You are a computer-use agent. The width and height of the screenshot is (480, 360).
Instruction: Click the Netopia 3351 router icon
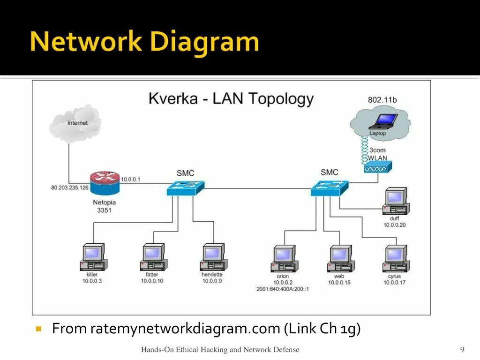tap(105, 183)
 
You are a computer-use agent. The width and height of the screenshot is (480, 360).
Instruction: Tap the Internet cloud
tap(75, 123)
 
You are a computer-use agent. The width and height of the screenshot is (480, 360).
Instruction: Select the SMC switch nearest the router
tap(185, 188)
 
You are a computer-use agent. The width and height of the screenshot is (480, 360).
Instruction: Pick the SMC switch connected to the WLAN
tap(330, 188)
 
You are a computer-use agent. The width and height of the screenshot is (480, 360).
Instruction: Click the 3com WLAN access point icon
tap(378, 167)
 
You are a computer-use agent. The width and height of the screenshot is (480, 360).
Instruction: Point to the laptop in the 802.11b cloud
tap(383, 121)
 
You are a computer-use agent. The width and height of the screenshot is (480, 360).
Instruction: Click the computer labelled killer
tap(93, 257)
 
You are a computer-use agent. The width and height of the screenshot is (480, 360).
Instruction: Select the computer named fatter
tap(153, 257)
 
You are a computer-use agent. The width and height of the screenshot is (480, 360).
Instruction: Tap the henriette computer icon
tap(213, 257)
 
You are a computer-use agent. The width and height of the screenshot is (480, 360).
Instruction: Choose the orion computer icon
tap(284, 259)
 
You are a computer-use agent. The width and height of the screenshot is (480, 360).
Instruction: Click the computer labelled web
tap(340, 259)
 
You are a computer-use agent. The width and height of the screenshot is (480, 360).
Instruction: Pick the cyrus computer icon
tap(396, 259)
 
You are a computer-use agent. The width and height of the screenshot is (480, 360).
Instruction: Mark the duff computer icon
tap(396, 201)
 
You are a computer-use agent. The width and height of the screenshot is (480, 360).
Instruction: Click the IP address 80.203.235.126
tap(70, 187)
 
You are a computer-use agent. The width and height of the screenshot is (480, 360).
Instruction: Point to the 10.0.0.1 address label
tap(131, 180)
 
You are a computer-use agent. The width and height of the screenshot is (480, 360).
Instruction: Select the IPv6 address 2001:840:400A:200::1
tap(283, 289)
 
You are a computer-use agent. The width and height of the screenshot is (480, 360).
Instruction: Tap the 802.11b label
tap(382, 100)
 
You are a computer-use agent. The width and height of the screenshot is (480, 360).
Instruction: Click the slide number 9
tap(462, 349)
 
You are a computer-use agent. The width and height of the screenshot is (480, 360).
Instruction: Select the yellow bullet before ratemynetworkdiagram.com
tap(38, 329)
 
